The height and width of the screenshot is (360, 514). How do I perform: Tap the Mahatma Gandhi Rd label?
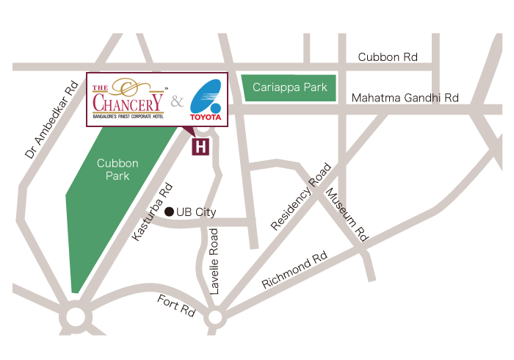coord(405,98)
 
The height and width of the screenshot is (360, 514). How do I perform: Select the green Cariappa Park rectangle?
coord(289,87)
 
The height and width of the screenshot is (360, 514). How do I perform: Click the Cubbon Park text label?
coord(117,170)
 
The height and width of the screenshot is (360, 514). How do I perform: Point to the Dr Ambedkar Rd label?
coord(51,120)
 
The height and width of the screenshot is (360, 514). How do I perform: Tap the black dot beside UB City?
coord(169,212)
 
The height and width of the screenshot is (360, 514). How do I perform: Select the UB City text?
coord(196,212)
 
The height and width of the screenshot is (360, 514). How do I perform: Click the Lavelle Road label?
coord(214,262)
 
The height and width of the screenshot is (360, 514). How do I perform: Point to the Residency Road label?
coord(301,197)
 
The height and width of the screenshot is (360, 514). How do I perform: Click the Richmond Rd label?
coord(294,271)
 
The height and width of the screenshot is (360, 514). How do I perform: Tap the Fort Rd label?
coord(176,305)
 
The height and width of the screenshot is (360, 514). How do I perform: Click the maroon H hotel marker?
coord(200,146)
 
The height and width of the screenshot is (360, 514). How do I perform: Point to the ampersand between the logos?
coord(177,101)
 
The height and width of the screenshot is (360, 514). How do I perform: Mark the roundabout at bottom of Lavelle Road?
coord(214,317)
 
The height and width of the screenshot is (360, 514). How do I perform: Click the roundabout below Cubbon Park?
coord(76,317)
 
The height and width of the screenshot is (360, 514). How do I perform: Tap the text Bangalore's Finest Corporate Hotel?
coord(128,117)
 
